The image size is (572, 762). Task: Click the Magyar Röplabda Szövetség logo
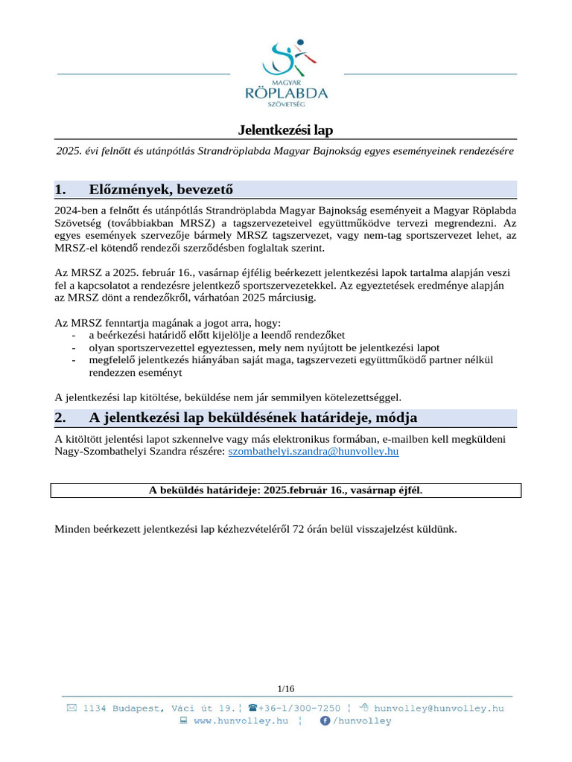(x=286, y=74)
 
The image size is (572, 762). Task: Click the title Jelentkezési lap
(x=285, y=130)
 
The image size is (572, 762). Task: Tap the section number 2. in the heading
(x=61, y=417)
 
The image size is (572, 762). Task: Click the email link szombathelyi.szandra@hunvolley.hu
(x=313, y=452)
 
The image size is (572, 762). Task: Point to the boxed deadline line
(x=286, y=490)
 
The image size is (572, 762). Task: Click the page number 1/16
(x=285, y=688)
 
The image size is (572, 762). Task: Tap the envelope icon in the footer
(x=71, y=708)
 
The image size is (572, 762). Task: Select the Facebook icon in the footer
(x=325, y=720)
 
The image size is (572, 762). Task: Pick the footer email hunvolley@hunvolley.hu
(x=439, y=708)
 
